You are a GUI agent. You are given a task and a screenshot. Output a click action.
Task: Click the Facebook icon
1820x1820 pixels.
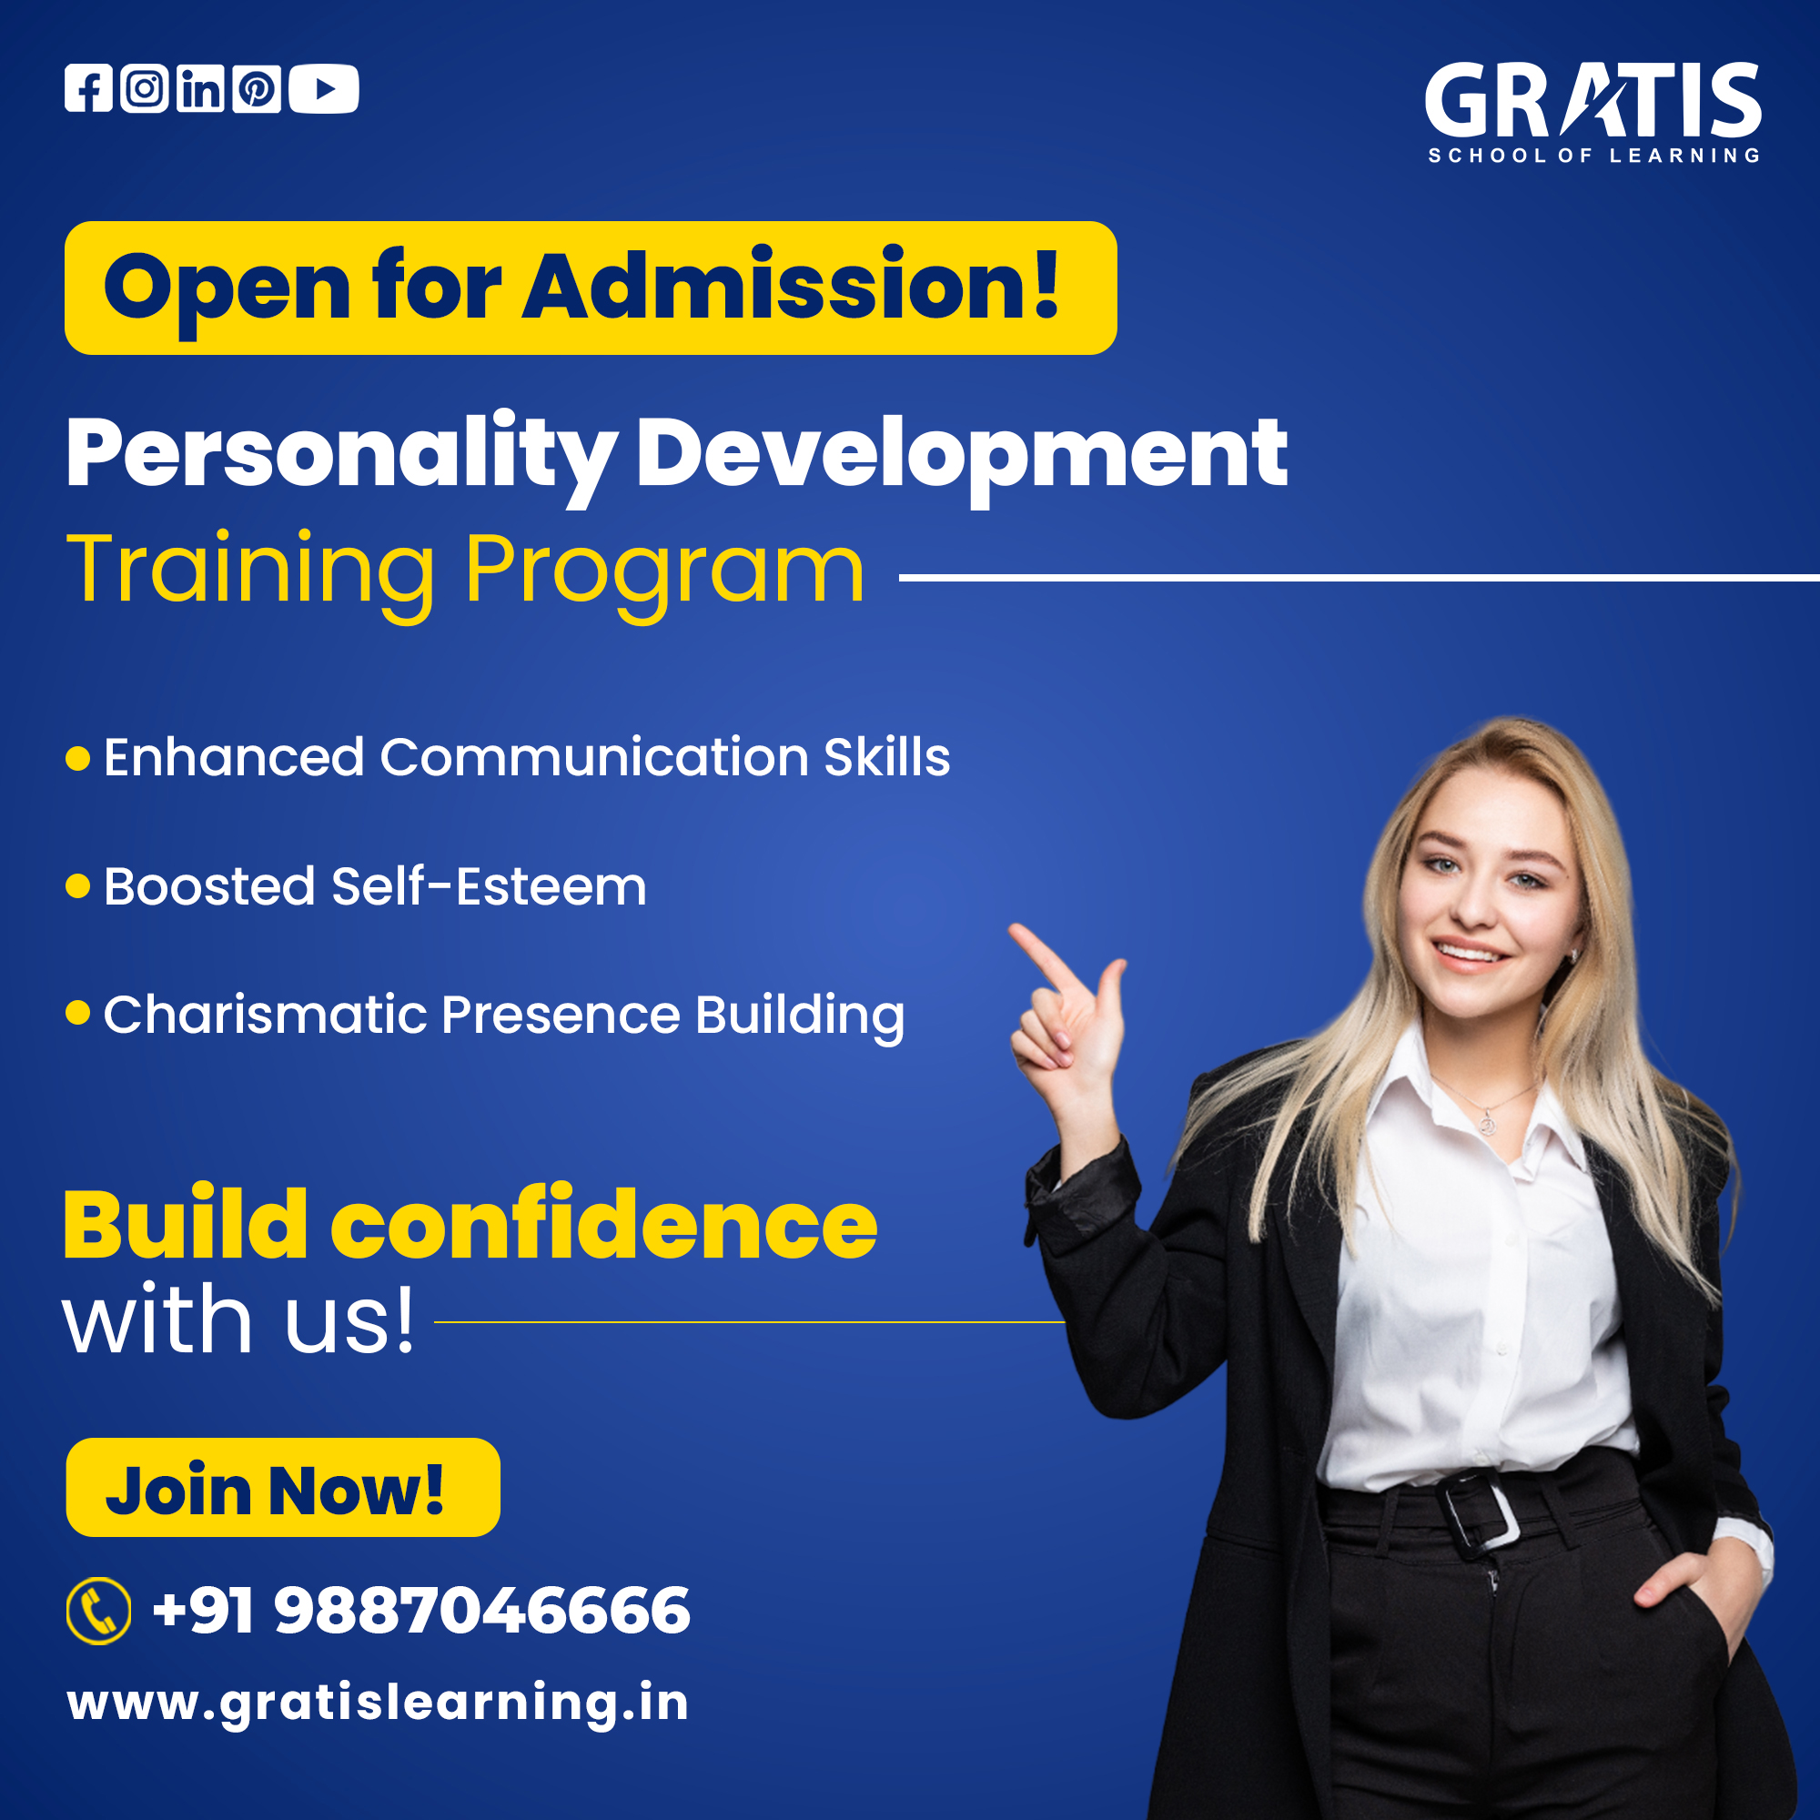(x=88, y=88)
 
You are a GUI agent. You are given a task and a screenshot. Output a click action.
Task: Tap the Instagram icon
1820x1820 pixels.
(x=144, y=88)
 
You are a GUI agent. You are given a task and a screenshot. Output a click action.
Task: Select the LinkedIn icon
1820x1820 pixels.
(x=200, y=88)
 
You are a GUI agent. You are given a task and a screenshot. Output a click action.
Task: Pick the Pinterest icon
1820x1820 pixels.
(x=257, y=88)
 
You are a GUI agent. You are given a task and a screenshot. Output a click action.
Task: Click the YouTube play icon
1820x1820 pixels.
(x=324, y=88)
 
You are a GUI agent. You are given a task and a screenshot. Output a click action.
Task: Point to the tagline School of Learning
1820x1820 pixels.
(x=1594, y=156)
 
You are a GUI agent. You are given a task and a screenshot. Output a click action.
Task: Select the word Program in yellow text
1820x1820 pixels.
(x=664, y=571)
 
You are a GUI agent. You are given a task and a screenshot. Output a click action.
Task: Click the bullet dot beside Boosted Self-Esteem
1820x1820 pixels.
(x=78, y=886)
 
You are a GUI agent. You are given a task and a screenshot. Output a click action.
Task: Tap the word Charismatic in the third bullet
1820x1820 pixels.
(x=266, y=1015)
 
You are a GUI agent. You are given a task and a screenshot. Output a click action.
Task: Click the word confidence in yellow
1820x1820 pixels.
(x=604, y=1225)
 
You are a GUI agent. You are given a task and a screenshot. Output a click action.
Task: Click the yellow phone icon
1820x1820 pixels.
(x=99, y=1611)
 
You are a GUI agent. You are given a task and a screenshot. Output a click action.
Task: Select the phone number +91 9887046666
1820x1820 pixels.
(x=421, y=1610)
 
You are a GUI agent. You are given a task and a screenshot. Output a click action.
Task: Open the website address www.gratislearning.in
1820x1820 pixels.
(x=378, y=1704)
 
